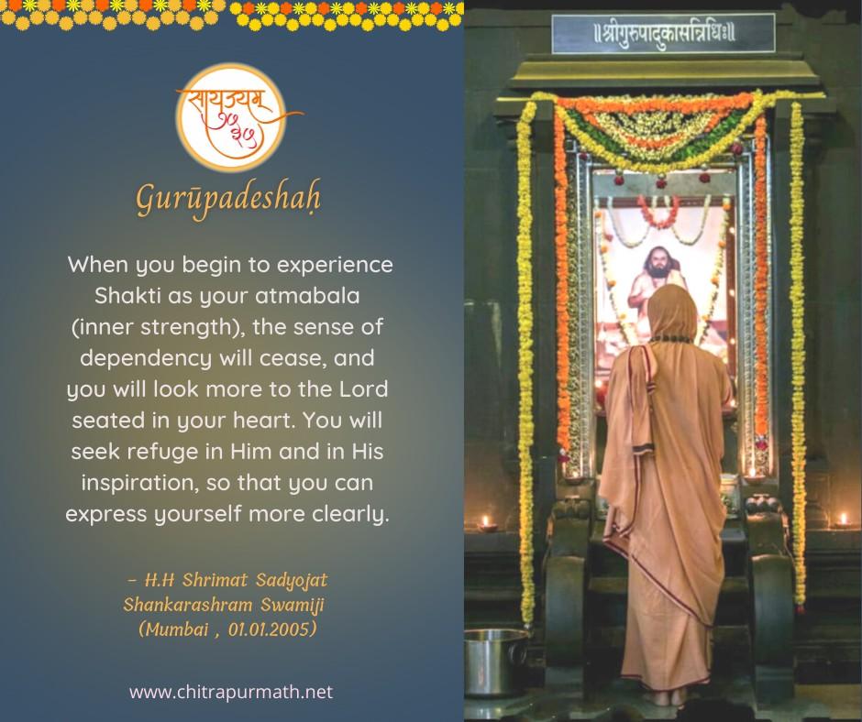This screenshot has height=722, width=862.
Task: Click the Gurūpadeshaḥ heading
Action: pyautogui.click(x=228, y=198)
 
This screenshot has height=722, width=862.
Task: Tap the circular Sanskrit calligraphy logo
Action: pyautogui.click(x=231, y=117)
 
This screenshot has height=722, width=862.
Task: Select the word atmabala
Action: pyautogui.click(x=307, y=296)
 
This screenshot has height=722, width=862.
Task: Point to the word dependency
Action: pyautogui.click(x=145, y=359)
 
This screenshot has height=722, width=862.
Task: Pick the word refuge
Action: pyautogui.click(x=162, y=453)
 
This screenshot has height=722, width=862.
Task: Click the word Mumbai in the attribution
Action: pyautogui.click(x=174, y=629)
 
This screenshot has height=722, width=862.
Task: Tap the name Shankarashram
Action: pyautogui.click(x=187, y=605)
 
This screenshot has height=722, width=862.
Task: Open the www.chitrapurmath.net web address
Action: pyautogui.click(x=231, y=692)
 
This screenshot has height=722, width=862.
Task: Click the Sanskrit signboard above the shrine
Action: pyautogui.click(x=664, y=33)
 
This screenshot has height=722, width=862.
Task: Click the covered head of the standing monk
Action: pyautogui.click(x=671, y=311)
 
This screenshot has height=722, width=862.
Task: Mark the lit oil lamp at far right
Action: pyautogui.click(x=843, y=520)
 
